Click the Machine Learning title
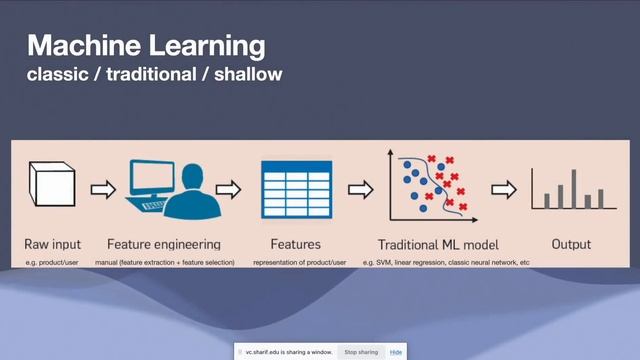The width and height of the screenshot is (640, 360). click(146, 45)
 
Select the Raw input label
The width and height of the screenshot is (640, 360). click(53, 244)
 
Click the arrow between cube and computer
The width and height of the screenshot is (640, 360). click(103, 188)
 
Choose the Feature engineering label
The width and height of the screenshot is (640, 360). click(163, 244)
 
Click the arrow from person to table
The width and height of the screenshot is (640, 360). click(229, 188)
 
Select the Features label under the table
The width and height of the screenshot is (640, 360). click(295, 244)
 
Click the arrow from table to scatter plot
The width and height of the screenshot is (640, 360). click(360, 188)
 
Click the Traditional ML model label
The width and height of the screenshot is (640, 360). click(438, 244)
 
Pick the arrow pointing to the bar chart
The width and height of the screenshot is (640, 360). click(502, 188)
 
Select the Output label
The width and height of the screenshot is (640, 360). click(571, 244)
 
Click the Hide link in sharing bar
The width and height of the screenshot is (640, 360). click(396, 352)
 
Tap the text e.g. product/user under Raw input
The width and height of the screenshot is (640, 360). click(53, 262)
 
